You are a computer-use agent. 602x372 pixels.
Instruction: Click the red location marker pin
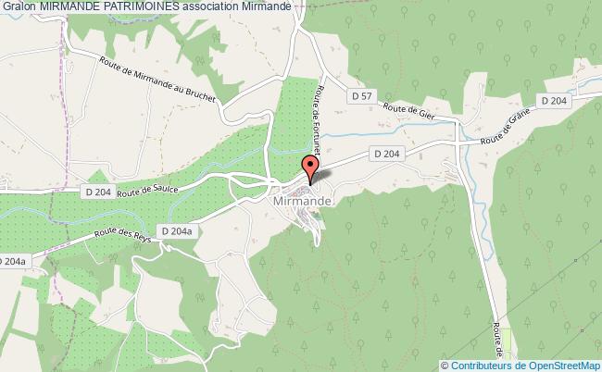(310, 168)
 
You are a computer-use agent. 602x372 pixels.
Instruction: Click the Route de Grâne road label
(504, 126)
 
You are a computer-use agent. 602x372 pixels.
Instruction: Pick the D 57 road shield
(361, 95)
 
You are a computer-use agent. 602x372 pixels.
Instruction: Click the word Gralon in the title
(18, 6)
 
